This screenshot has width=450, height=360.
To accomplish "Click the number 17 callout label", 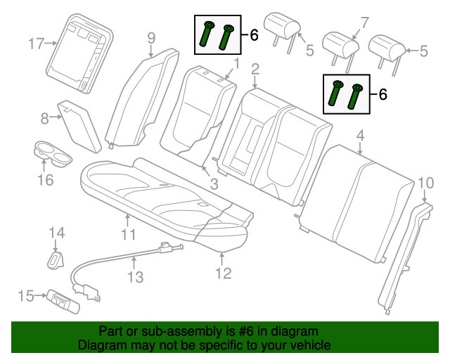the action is [x=37, y=44].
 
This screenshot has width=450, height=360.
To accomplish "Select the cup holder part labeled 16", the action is [x=53, y=153].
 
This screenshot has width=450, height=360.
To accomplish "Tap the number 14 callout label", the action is [x=57, y=233].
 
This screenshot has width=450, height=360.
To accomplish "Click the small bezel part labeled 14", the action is [x=56, y=260].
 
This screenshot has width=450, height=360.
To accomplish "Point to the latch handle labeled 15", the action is [x=64, y=302].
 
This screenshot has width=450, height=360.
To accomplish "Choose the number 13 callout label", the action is [x=135, y=277].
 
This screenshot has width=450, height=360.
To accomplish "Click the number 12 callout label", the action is [x=223, y=274].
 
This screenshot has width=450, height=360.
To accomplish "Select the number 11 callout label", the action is [x=128, y=235].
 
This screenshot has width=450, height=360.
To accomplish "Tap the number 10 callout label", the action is [x=426, y=183].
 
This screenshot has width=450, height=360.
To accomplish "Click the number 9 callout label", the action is [x=151, y=38].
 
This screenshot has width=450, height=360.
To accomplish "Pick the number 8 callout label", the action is [x=44, y=118].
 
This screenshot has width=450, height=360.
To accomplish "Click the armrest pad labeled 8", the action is [x=79, y=127].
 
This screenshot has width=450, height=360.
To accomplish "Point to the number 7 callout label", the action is [x=364, y=22].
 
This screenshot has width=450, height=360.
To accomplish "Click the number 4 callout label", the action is [x=360, y=135].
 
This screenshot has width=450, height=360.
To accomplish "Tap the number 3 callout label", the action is [x=214, y=184].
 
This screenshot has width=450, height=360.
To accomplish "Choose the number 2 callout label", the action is [x=255, y=69].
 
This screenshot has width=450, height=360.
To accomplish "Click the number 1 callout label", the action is [x=236, y=64].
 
